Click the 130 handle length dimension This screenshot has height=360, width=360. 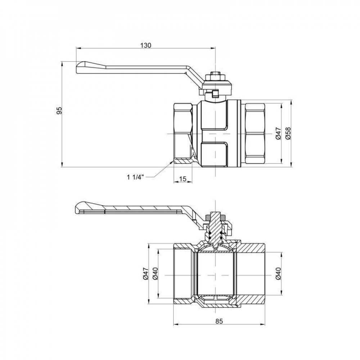click(145, 45)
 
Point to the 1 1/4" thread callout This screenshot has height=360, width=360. click(135, 177)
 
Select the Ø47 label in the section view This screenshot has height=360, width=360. click(145, 274)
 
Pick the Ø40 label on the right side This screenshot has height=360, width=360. click(278, 274)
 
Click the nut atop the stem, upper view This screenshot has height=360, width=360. click(215, 76)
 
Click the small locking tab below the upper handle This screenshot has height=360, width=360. click(215, 94)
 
